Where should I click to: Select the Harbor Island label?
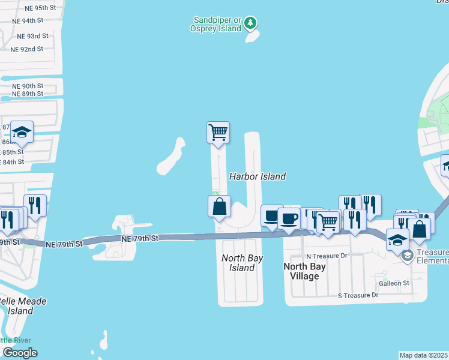[x=257, y=176]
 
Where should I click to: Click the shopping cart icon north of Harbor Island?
[x=218, y=132]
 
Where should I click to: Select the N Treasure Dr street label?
[x=327, y=256]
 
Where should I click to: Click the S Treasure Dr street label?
[x=358, y=295]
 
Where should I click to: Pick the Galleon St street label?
[x=393, y=283]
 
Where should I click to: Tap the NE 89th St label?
[x=28, y=94]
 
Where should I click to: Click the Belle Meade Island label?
[x=21, y=306]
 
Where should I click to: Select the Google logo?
[x=19, y=353]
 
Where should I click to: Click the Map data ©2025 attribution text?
[x=424, y=355]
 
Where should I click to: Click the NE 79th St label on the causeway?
[x=139, y=239]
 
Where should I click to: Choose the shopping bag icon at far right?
[x=418, y=229]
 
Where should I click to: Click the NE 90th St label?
[x=28, y=86]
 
